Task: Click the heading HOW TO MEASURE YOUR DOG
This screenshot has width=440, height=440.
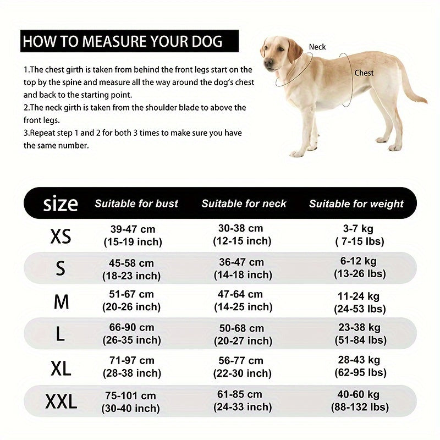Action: pyautogui.click(x=122, y=41)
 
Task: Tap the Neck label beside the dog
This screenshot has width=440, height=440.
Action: pyautogui.click(x=317, y=47)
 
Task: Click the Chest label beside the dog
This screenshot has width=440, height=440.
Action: pyautogui.click(x=364, y=73)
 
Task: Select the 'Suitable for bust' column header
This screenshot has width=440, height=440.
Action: pyautogui.click(x=136, y=204)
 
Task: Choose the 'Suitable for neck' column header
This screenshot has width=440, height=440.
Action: pyautogui.click(x=244, y=204)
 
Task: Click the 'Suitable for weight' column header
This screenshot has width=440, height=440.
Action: pyautogui.click(x=356, y=204)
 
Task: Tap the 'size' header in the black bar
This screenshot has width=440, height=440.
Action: pyautogui.click(x=61, y=204)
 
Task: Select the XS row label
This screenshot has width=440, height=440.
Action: pyautogui.click(x=61, y=237)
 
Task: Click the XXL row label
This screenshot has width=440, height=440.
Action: pyautogui.click(x=61, y=403)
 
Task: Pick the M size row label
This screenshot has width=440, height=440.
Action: pyautogui.click(x=61, y=301)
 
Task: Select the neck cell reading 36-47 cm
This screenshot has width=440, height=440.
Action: pyautogui.click(x=242, y=268)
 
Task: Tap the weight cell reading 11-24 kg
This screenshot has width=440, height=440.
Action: pyautogui.click(x=359, y=302)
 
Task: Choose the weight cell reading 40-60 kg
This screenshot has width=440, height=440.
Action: pyautogui.click(x=359, y=402)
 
